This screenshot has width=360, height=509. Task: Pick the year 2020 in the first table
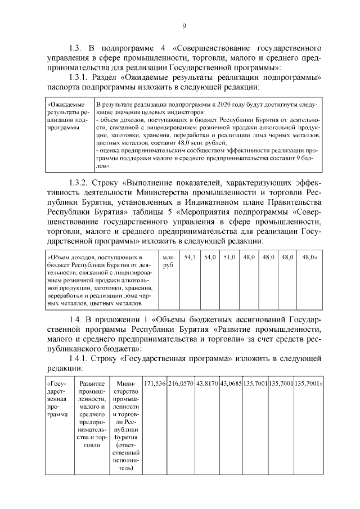point(231,105)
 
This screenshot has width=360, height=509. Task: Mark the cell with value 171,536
point(155,383)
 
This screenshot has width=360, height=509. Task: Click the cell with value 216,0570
point(181,383)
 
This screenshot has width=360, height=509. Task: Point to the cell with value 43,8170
point(206,383)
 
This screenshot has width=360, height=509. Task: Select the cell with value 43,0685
point(231,383)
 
